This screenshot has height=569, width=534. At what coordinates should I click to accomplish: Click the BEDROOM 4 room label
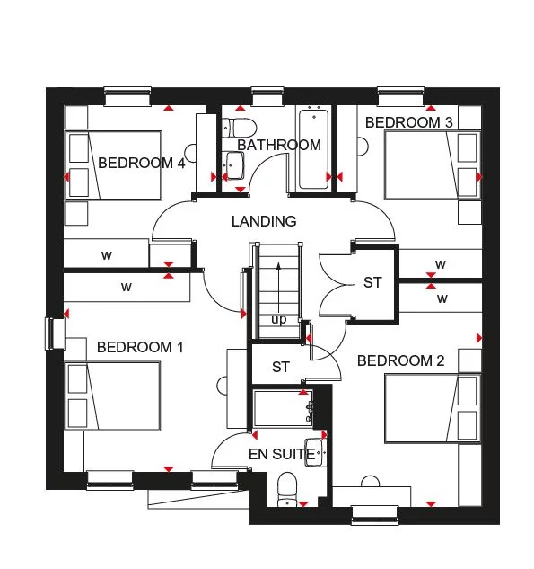tap(141, 163)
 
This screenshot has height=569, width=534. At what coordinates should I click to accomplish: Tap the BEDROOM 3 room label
tap(407, 121)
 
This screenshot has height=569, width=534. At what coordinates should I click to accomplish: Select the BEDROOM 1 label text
tap(140, 347)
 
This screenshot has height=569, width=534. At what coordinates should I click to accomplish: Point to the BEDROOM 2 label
tap(400, 360)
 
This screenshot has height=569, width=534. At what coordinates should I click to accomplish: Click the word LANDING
tap(263, 221)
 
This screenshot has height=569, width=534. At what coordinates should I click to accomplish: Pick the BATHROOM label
tap(279, 145)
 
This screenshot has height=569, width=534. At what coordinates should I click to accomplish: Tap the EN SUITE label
tap(282, 455)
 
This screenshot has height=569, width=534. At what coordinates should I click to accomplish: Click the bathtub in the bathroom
tap(313, 148)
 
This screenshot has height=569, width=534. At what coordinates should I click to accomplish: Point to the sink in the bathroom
tap(233, 165)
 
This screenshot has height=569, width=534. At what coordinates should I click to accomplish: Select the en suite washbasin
tap(315, 450)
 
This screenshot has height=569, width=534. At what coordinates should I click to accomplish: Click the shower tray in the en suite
tap(281, 407)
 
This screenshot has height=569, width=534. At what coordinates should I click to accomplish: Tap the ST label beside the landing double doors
tap(372, 282)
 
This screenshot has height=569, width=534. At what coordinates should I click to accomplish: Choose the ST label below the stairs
tap(281, 367)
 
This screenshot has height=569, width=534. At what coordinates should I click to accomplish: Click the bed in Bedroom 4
tap(112, 165)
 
